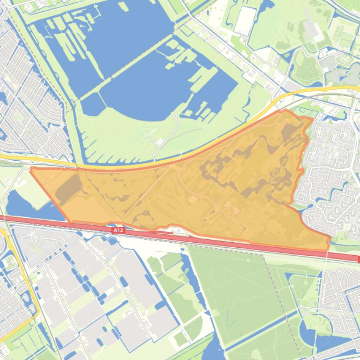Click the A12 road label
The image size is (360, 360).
tap(118, 230)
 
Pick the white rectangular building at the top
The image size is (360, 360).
tap(245, 21)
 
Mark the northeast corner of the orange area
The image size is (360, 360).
tap(312, 119)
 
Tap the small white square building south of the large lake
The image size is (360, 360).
tap(160, 142)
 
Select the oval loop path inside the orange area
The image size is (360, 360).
tap(229, 211)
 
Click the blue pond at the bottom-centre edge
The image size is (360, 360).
tap(213, 351)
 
